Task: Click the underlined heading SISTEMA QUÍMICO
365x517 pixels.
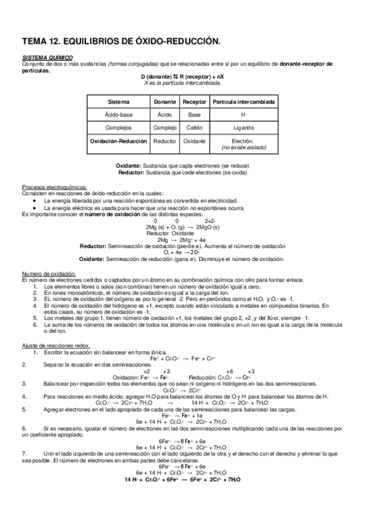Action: pos(40,58)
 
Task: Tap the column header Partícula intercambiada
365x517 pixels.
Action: pos(243,101)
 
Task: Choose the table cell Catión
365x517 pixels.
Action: pos(194,127)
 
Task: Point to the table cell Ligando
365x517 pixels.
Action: pos(243,127)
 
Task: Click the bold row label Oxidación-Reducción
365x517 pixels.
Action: pos(118,141)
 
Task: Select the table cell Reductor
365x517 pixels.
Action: pos(165,141)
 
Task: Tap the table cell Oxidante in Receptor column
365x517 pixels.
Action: pos(194,141)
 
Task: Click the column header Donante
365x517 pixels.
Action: pos(165,101)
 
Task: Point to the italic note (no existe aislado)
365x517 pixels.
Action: pos(243,147)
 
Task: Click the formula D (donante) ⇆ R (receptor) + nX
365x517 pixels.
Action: pos(182,76)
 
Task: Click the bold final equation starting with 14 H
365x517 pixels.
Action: pos(182,480)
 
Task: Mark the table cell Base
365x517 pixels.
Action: pos(194,114)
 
